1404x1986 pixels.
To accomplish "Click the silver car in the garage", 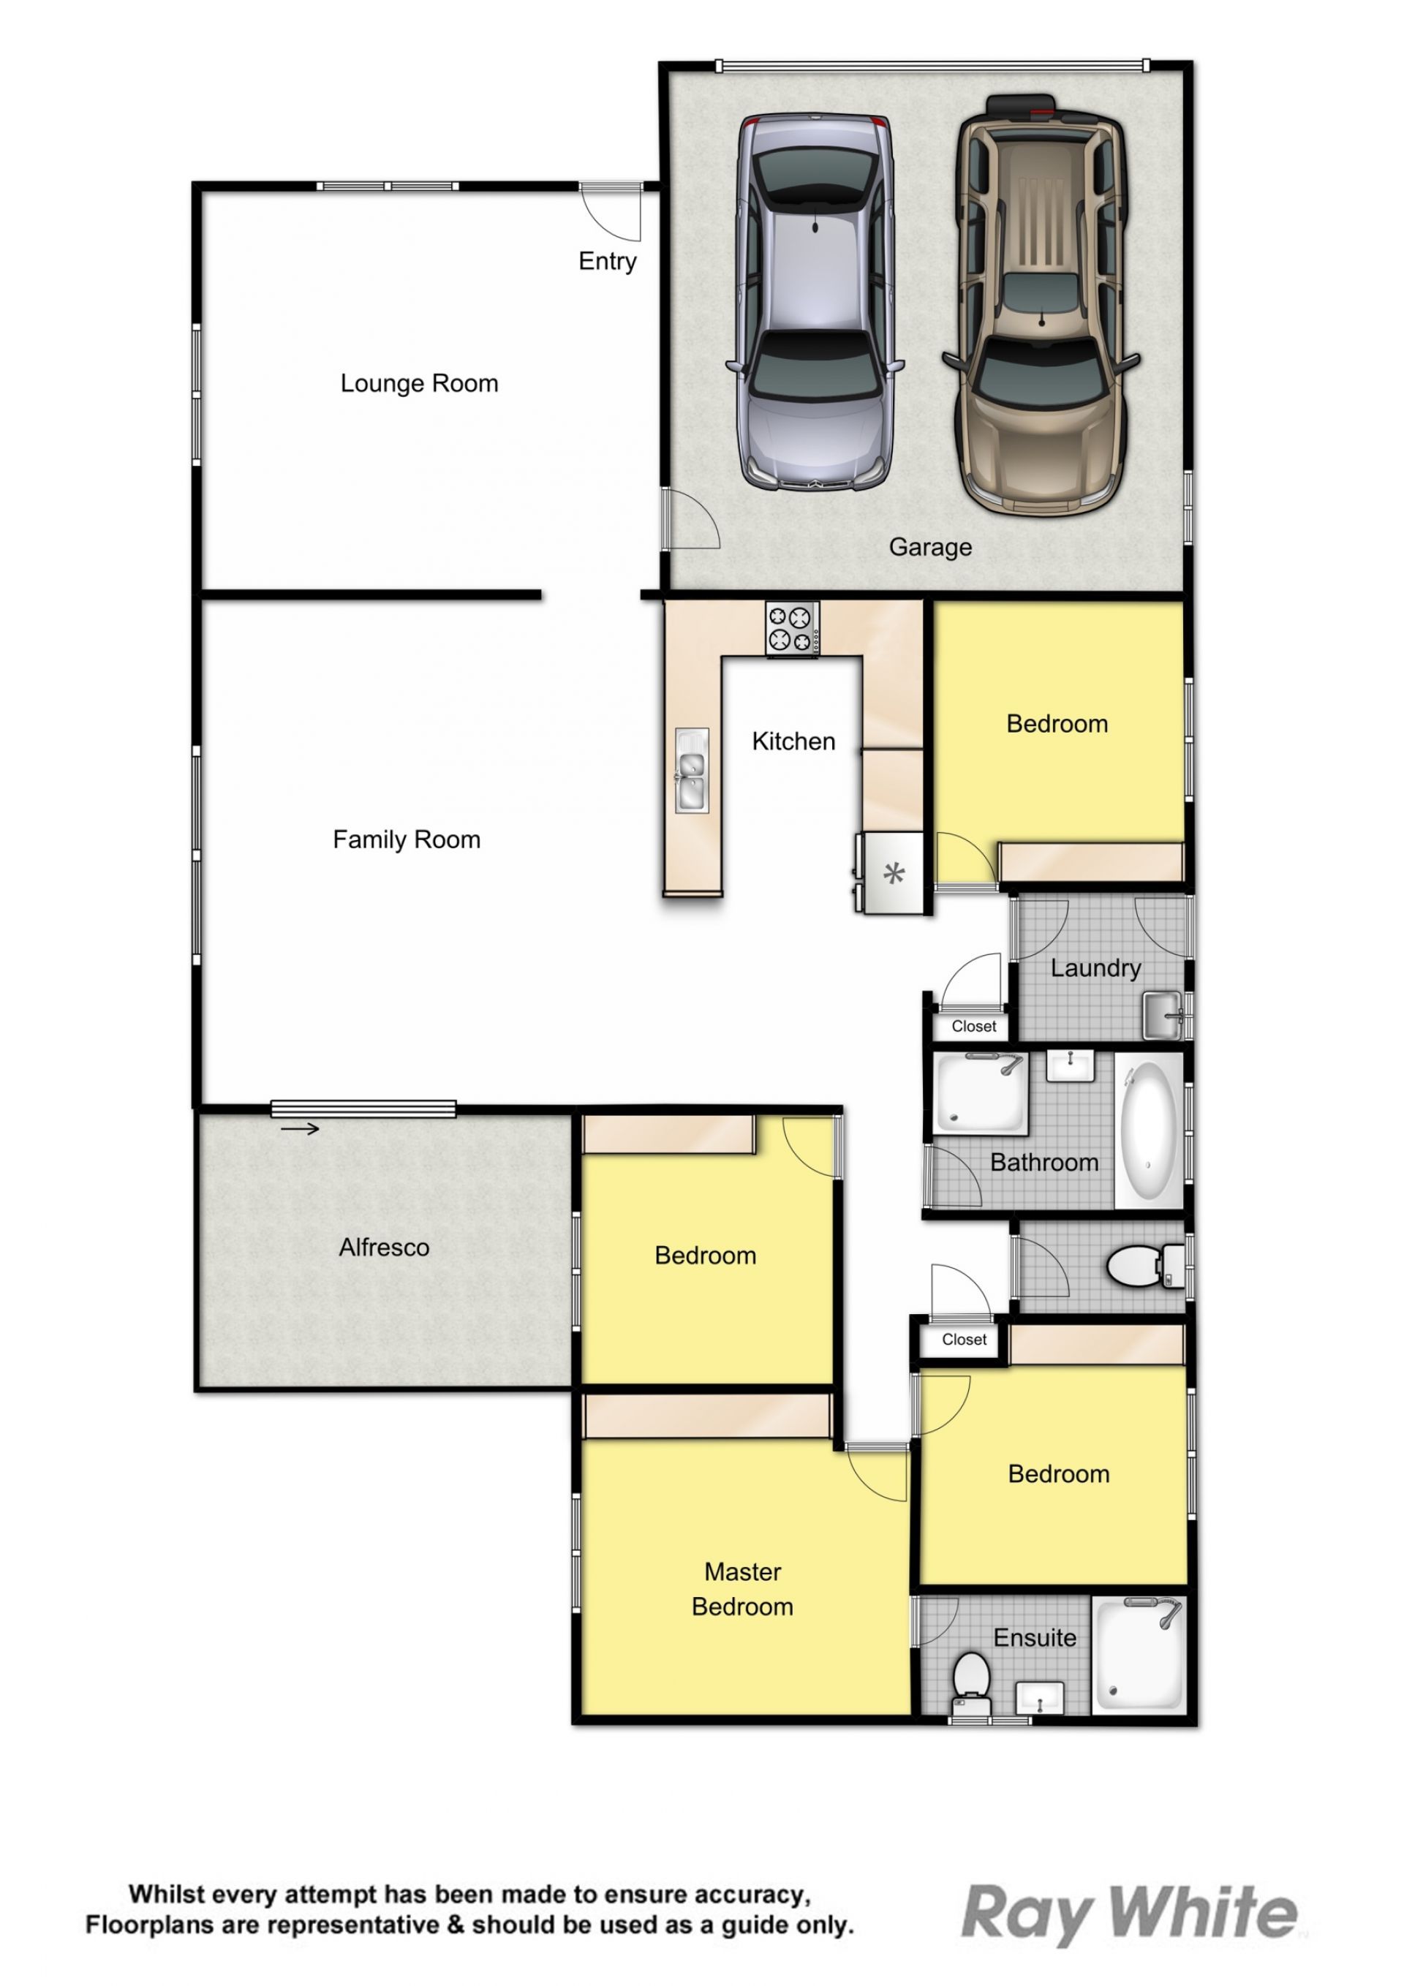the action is (x=814, y=303).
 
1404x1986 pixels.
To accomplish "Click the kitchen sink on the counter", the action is (x=691, y=770).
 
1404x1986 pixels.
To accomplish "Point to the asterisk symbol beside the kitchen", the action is (x=894, y=874).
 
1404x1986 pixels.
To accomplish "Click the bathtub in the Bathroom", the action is (x=1149, y=1130).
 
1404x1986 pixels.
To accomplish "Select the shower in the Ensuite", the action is (x=1139, y=1655).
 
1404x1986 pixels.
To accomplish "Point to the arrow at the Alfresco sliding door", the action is (x=300, y=1129).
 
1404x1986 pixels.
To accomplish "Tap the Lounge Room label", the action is (x=420, y=383).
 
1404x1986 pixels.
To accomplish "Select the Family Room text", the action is (x=407, y=839).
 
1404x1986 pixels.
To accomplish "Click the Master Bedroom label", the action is (x=742, y=1589).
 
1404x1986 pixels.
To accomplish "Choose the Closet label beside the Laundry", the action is (x=974, y=1026).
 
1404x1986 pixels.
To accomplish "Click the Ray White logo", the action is (x=1130, y=1914).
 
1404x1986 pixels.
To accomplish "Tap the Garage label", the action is (x=931, y=548).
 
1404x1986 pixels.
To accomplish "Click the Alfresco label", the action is (x=384, y=1247).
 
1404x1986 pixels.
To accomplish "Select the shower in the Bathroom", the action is (x=981, y=1092).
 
